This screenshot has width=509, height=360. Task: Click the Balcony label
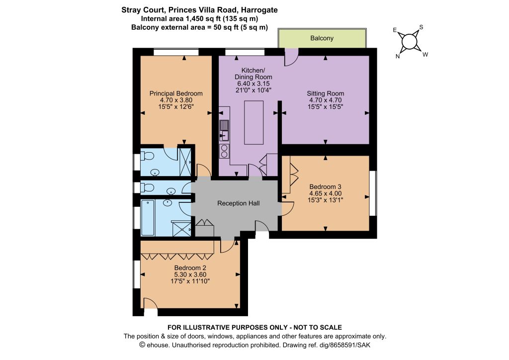[322, 38]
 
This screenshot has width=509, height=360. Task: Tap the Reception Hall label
[238, 203]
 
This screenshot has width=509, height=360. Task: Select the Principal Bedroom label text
[176, 93]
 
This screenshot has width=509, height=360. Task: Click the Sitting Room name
[325, 93]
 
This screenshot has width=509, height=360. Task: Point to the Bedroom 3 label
[325, 186]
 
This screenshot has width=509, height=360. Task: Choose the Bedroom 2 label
[190, 268]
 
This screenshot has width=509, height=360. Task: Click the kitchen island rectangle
[254, 122]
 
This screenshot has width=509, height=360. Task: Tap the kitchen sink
[224, 130]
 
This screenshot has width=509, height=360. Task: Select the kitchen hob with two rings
[224, 151]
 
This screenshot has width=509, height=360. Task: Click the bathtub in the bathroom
[148, 218]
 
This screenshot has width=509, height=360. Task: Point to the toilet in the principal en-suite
[147, 157]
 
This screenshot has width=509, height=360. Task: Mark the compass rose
[409, 42]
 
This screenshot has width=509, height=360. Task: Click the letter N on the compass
[398, 57]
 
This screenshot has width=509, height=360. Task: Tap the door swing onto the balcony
[291, 57]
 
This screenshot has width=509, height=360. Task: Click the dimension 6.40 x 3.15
[253, 84]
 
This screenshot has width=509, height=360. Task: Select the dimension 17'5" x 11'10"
[190, 281]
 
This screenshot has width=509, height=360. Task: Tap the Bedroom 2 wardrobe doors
[177, 257]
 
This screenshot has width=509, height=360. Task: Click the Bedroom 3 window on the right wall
[373, 193]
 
